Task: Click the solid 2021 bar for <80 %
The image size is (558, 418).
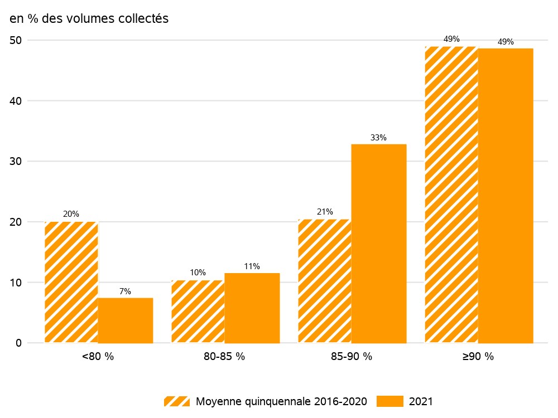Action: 125,320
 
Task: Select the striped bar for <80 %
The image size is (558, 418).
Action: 71,282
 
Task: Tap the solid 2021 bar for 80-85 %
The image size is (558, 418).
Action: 252,308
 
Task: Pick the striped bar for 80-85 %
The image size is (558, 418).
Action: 198,312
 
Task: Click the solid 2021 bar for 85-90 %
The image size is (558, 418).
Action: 379,244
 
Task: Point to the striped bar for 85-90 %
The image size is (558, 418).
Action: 325,281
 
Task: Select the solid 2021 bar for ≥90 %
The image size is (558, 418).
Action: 506,196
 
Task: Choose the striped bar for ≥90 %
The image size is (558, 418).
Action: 451,195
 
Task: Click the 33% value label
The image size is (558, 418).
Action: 378,138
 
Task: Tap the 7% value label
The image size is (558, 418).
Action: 125,291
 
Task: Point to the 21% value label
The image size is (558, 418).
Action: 325,212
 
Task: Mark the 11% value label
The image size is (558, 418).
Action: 252,266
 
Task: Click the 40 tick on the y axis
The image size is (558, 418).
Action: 16,101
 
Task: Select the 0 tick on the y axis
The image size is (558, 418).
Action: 18,343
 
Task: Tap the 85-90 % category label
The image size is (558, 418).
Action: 351,356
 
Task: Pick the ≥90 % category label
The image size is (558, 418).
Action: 478,356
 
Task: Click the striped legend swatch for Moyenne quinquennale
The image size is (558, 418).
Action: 177,401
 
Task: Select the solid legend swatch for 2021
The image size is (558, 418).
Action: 389,401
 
